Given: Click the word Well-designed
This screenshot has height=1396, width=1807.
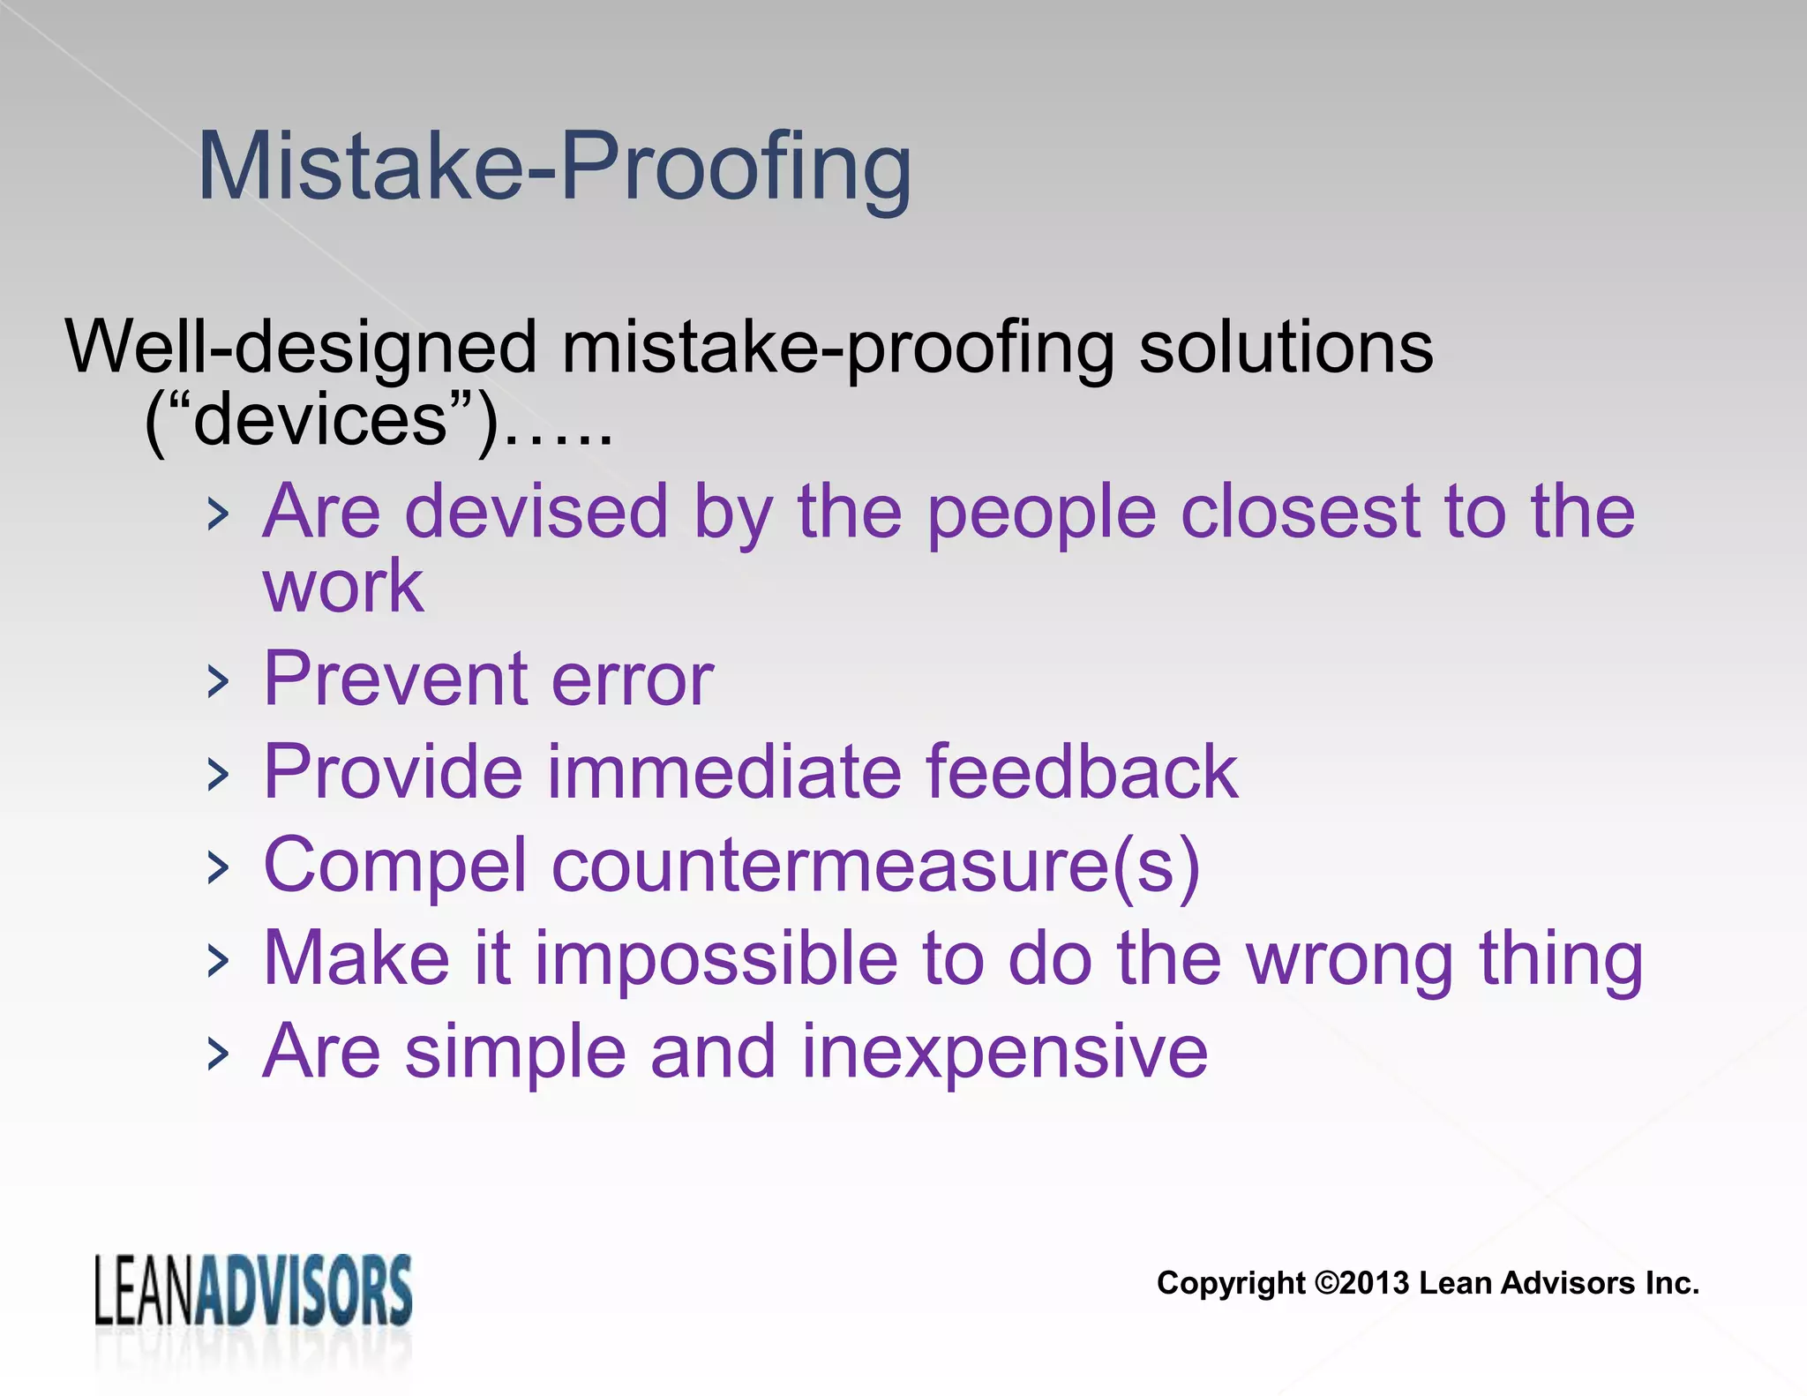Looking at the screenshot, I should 301,347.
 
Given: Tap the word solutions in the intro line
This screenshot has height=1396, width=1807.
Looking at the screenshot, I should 1286,347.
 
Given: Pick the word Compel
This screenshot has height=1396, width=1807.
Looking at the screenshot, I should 394,867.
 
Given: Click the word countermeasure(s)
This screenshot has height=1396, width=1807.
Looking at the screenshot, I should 875,867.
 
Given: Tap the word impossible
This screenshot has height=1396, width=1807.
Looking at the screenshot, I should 716,958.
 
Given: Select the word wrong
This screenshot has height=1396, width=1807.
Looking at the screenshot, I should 1350,960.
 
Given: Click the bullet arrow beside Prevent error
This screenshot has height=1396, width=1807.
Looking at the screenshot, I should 217,681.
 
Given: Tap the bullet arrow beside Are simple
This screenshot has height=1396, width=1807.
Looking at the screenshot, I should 217,1054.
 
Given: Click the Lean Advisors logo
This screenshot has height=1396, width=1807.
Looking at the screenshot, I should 253,1290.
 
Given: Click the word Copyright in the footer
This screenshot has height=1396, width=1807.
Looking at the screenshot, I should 1230,1283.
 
